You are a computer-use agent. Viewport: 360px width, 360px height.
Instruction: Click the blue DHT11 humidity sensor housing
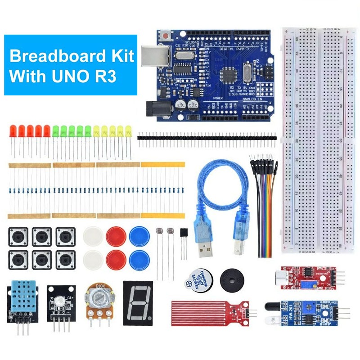click(x=20, y=298)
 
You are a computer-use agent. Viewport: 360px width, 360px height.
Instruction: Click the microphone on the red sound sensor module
click(x=283, y=274)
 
